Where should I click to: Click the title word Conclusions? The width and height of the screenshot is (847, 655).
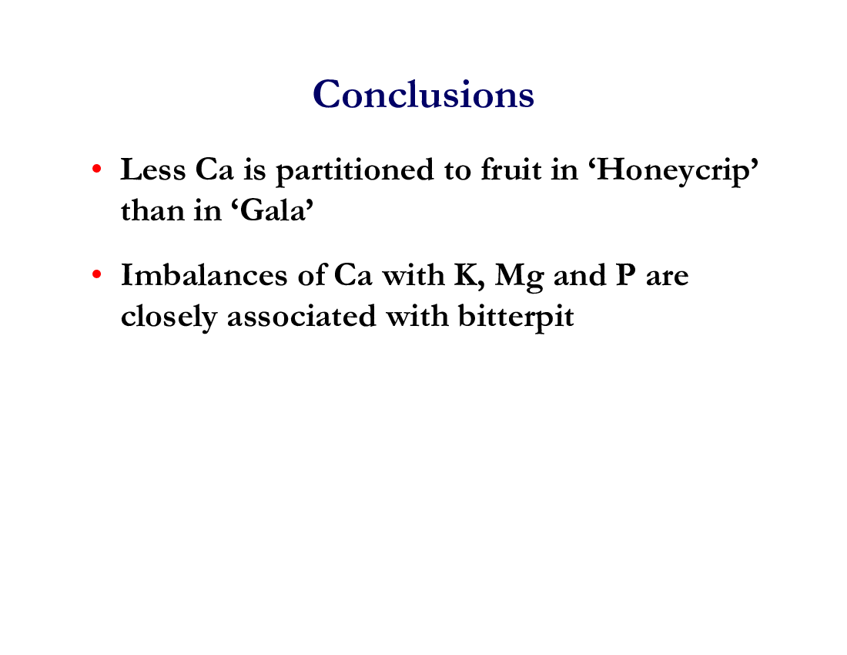pos(423,94)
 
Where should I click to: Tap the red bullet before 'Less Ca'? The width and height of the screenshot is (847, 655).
pos(97,169)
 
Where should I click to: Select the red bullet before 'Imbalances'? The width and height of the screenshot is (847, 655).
pos(97,274)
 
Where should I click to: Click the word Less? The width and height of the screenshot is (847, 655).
pos(153,170)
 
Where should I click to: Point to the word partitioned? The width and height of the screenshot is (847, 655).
pos(355,171)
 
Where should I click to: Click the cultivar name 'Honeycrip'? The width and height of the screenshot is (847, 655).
pos(673,171)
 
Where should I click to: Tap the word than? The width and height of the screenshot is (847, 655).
pos(152,210)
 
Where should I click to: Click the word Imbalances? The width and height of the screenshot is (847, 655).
pos(204,275)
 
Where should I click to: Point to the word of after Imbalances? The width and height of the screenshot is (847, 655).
pos(312,274)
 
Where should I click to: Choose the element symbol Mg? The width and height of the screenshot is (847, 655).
pos(519,277)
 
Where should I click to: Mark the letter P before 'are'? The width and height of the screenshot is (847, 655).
pos(625,274)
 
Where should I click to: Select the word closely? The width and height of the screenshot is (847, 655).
pos(169,317)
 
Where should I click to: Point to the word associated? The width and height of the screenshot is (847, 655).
pos(301,316)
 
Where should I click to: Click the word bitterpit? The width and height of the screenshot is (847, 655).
pos(516,317)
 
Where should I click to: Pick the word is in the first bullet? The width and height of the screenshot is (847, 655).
pos(255,170)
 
